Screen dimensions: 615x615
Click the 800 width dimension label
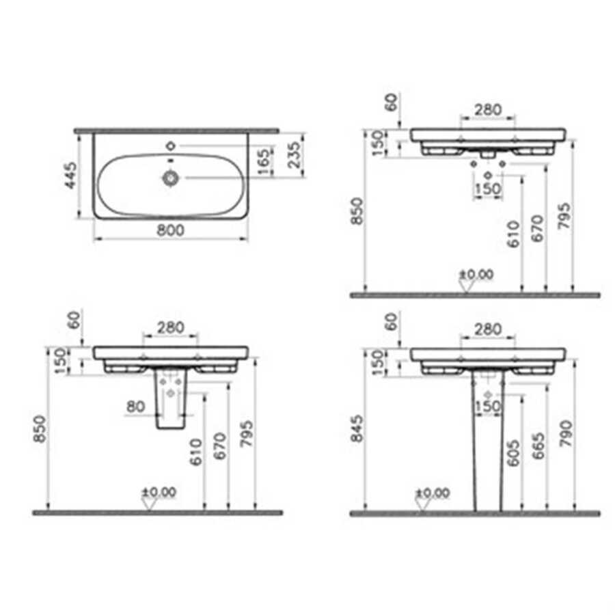(x=170, y=230)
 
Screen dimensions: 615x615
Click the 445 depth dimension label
(x=71, y=176)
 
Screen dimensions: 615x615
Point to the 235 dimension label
(x=294, y=154)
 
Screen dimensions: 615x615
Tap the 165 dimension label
(x=264, y=161)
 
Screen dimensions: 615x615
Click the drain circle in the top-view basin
(x=171, y=178)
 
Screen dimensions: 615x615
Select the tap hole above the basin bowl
(x=171, y=146)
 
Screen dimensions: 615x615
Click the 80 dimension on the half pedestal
(x=135, y=407)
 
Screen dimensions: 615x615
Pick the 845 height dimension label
(x=357, y=428)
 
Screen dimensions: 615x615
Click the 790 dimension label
(x=566, y=433)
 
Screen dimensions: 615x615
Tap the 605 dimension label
(x=513, y=453)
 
